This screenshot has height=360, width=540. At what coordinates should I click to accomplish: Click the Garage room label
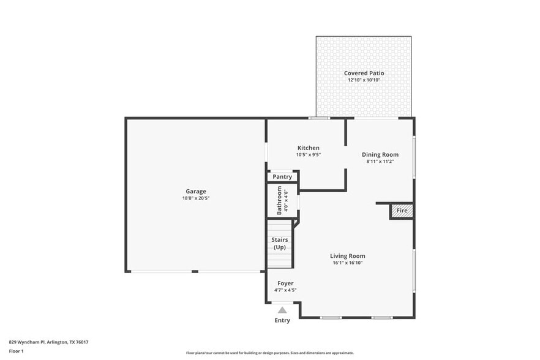(x=196, y=191)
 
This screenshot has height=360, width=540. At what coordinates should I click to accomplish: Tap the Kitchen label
(x=309, y=148)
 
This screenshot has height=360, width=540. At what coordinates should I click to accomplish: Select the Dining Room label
(x=380, y=154)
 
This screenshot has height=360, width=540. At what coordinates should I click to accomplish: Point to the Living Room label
(x=347, y=256)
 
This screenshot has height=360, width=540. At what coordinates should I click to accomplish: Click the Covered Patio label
(x=364, y=73)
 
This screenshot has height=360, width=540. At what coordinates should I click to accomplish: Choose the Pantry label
(x=282, y=177)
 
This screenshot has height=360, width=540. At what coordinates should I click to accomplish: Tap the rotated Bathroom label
(x=279, y=200)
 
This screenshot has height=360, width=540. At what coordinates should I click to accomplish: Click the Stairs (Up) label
(x=279, y=243)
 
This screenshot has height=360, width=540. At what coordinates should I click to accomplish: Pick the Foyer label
(x=285, y=283)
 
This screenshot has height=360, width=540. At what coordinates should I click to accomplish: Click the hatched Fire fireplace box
(x=402, y=211)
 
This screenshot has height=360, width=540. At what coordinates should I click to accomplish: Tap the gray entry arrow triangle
(x=282, y=310)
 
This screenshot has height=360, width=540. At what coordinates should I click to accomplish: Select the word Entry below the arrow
(x=282, y=320)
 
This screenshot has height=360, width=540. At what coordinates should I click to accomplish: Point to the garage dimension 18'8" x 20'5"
(x=196, y=198)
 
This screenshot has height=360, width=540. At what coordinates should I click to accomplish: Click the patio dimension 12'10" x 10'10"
(x=364, y=80)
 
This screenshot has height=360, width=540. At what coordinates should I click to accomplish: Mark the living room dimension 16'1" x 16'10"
(x=347, y=263)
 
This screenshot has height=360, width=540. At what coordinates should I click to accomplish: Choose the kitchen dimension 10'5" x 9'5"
(x=309, y=154)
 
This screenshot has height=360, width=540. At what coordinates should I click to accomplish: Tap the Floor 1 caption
(x=16, y=351)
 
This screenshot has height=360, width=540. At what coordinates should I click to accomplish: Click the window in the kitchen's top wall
(x=318, y=118)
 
